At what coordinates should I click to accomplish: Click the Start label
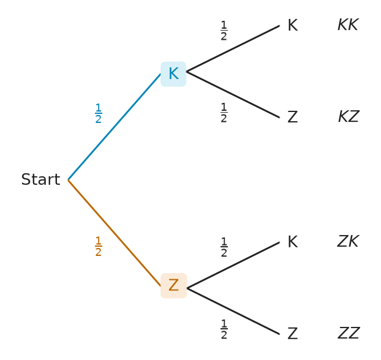click(x=40, y=179)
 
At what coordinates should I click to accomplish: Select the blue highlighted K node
click(x=173, y=74)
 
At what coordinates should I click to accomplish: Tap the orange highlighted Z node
click(x=173, y=286)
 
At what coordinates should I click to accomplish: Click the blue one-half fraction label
click(x=98, y=113)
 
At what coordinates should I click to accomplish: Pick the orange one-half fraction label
click(x=98, y=246)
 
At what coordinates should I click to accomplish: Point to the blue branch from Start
click(x=115, y=127)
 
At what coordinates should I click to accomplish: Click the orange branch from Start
click(x=115, y=233)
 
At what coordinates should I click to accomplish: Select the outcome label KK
click(x=348, y=24)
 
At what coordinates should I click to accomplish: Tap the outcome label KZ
click(x=349, y=116)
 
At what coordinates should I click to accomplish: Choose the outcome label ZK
click(x=348, y=241)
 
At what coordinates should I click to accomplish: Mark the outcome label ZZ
click(x=349, y=333)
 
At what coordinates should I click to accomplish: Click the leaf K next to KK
click(x=293, y=25)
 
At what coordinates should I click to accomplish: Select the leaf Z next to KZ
click(x=293, y=117)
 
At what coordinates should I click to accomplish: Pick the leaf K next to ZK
click(x=293, y=242)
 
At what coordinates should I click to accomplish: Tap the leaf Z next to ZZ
click(x=293, y=334)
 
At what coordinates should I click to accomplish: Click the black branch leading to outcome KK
click(x=233, y=48)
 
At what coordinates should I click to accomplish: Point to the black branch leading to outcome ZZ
click(x=233, y=311)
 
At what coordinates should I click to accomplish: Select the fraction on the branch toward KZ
click(x=224, y=113)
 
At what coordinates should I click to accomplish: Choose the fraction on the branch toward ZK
click(x=224, y=247)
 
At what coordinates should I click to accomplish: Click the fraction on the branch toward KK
click(x=224, y=31)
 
